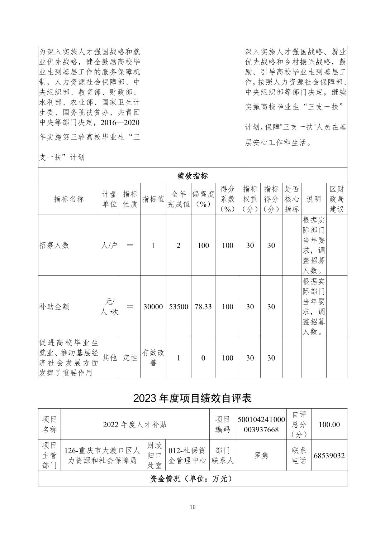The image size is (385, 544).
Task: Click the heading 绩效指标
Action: [192, 176]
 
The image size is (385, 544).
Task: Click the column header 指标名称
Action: [68, 199]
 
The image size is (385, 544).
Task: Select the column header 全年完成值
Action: [179, 199]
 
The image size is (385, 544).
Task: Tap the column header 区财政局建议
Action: [337, 199]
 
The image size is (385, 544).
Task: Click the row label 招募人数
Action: [54, 245]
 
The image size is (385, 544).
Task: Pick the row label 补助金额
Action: [54, 307]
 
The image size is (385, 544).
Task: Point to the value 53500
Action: [179, 307]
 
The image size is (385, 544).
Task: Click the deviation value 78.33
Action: [203, 307]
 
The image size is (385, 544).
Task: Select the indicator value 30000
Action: [153, 307]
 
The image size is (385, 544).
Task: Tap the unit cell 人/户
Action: [109, 245]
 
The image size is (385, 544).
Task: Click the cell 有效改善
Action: [153, 358]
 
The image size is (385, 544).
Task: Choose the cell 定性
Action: [130, 358]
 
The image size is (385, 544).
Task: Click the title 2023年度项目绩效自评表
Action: [192, 398]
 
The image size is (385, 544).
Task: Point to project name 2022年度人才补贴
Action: [135, 424]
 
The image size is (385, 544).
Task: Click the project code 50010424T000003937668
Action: [261, 424]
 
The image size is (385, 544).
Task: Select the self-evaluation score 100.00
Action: [329, 424]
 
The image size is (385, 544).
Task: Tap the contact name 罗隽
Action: [261, 456]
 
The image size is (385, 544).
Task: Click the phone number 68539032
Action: [329, 456]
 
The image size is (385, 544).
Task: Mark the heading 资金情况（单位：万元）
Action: [192, 479]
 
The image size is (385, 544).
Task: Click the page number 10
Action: [193, 507]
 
